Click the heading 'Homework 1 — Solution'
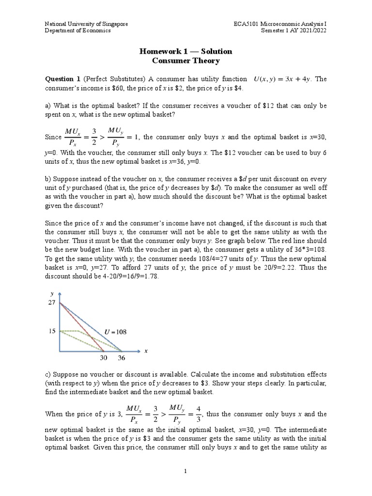[186, 51]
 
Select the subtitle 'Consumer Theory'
[186, 61]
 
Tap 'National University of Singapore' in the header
[86, 24]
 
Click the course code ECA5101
[246, 24]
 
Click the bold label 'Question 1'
[62, 79]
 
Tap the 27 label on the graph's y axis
[51, 302]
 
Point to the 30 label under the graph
[104, 359]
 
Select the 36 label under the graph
[121, 359]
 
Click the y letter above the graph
[51, 294]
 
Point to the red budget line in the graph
[82, 327]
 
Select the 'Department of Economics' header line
[78, 31]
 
